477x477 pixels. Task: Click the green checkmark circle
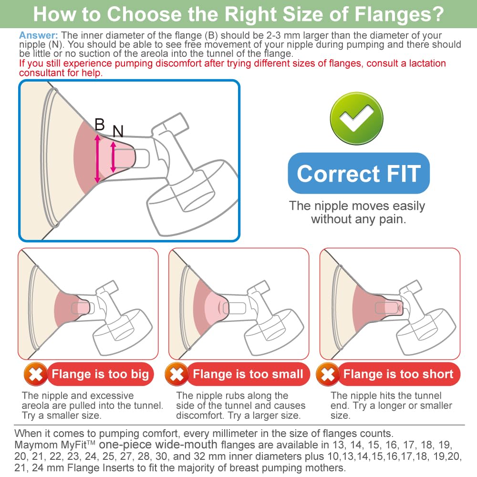click(356, 118)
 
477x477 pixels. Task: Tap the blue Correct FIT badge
click(359, 174)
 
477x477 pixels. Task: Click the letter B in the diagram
click(100, 124)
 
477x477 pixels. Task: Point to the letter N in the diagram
click(118, 132)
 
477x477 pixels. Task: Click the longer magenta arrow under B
click(97, 158)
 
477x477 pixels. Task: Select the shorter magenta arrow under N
click(113, 157)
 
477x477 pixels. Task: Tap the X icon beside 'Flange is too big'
click(36, 374)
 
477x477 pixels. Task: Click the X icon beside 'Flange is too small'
click(176, 374)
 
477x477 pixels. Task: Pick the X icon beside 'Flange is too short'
click(328, 374)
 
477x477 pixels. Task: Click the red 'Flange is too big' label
click(100, 374)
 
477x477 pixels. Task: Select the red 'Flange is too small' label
click(248, 374)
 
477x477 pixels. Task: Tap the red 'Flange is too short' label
click(398, 374)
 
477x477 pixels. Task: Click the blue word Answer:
click(38, 36)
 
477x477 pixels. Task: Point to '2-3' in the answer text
click(273, 36)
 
